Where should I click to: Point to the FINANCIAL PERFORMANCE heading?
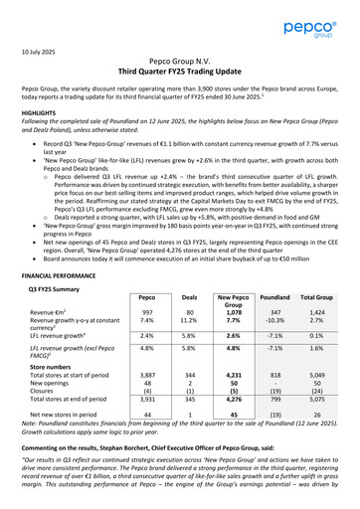(66, 273)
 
